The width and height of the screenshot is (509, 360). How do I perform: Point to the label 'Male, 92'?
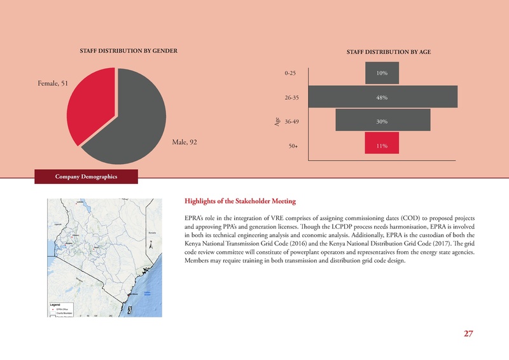tap(185, 142)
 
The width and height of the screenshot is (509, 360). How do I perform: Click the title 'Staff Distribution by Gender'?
tap(127, 50)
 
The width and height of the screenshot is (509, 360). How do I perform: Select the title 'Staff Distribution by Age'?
tap(389, 52)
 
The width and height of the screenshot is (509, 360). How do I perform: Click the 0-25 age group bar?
tap(382, 74)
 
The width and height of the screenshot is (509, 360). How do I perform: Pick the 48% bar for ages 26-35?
tap(382, 97)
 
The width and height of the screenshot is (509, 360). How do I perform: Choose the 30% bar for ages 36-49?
tap(382, 121)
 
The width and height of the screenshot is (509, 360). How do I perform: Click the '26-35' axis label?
tap(292, 98)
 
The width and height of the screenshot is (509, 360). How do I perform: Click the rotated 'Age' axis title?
tap(277, 121)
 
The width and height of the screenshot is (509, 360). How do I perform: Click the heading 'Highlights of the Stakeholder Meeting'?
tap(240, 202)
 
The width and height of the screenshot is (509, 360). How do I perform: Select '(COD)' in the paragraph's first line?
tap(396, 218)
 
